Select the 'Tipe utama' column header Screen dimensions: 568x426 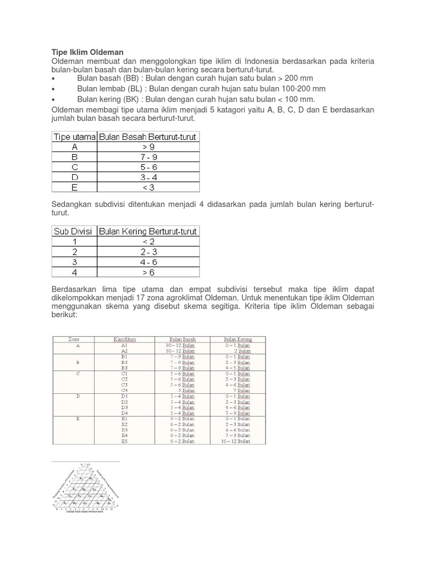click(74, 136)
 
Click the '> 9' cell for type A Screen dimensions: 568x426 click(148, 147)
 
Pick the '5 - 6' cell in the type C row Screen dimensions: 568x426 click(148, 167)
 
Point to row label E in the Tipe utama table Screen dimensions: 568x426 click(74, 187)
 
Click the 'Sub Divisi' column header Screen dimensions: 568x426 click(74, 231)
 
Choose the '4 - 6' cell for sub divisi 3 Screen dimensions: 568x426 click(148, 262)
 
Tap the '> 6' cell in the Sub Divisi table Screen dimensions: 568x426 click(148, 272)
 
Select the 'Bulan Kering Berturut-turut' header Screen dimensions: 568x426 click(148, 231)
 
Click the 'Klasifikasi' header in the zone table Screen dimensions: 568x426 click(125, 339)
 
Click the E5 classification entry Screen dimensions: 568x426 click(125, 442)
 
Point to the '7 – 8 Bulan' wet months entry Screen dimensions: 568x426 click(182, 367)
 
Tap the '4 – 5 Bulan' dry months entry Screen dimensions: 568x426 click(237, 367)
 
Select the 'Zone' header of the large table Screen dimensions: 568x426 click(74, 339)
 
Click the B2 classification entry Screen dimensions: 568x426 click(125, 362)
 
